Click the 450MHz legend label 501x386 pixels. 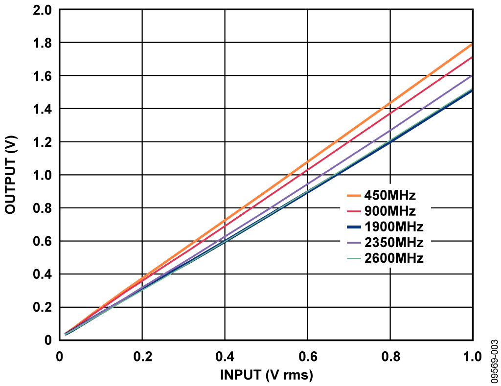tap(389, 196)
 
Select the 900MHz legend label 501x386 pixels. tap(389, 211)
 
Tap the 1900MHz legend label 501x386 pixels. tap(393, 227)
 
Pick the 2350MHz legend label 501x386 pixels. tap(393, 243)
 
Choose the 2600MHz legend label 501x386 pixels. tap(393, 258)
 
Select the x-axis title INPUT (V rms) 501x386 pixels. tap(266, 375)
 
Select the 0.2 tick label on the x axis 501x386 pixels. tap(142, 357)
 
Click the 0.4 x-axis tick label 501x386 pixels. tap(225, 357)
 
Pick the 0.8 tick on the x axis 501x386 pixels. tap(390, 357)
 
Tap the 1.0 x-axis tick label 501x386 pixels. tap(471, 357)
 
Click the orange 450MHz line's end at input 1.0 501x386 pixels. tap(472, 45)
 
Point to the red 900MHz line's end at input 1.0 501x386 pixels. tap(472, 57)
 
